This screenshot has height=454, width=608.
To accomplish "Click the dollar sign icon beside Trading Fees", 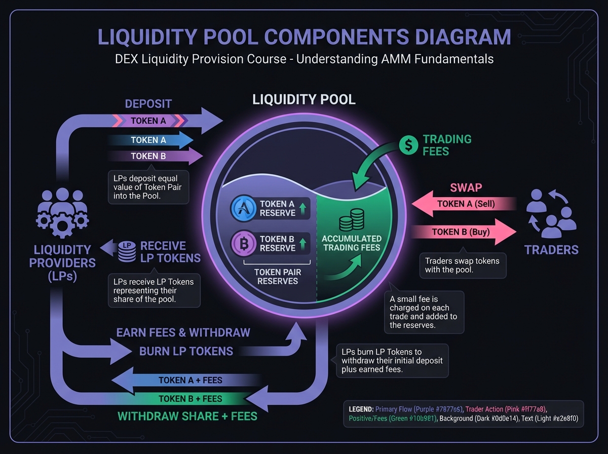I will pyautogui.click(x=408, y=145).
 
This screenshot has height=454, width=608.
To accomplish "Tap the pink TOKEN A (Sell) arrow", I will pyautogui.click(x=464, y=205).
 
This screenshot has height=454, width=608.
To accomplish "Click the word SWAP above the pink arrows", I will pyautogui.click(x=466, y=188).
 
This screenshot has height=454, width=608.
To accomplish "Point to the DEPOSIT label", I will pyautogui.click(x=148, y=104).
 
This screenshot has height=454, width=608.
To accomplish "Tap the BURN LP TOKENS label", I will pyautogui.click(x=186, y=351).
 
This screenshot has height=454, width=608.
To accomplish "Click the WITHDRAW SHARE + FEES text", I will pyautogui.click(x=187, y=417).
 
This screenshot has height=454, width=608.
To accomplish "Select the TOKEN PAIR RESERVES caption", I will pyautogui.click(x=278, y=277).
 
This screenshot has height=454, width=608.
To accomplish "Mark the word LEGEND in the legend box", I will pyautogui.click(x=361, y=408).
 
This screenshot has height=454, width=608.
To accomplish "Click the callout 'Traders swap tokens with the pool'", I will pyautogui.click(x=462, y=266).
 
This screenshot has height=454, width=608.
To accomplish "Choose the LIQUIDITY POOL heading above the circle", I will pyautogui.click(x=304, y=99).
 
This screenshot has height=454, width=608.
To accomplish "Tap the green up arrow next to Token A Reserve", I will pyautogui.click(x=302, y=208).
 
